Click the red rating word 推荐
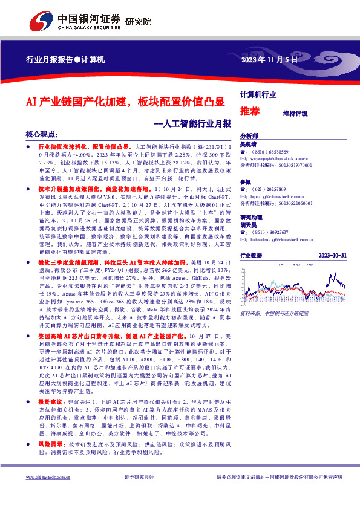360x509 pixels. (x=250, y=111)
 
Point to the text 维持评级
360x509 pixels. (x=295, y=113)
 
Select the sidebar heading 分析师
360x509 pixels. (x=249, y=137)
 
